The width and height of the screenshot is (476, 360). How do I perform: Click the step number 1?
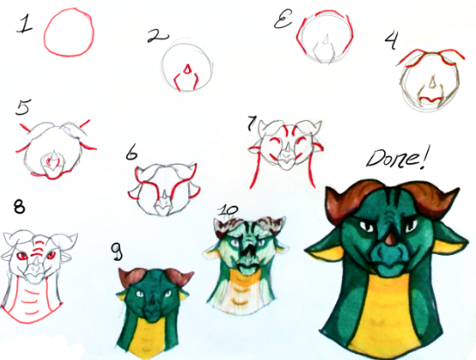coord(24,25)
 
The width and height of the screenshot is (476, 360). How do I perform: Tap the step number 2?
coord(157,36)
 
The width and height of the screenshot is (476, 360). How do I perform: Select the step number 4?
coord(392,40)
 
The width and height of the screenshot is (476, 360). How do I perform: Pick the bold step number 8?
coord(19,207)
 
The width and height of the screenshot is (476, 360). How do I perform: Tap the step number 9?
coord(116,252)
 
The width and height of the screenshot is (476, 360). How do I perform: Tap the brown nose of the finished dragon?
coord(391,239)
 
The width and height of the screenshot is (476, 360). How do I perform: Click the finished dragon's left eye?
coord(367,226)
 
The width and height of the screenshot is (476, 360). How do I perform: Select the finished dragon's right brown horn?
coord(434,197)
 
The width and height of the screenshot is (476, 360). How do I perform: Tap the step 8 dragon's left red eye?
coord(22,256)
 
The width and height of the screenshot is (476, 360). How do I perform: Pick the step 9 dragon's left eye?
coord(140,293)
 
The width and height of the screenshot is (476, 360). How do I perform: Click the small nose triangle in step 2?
coord(187,68)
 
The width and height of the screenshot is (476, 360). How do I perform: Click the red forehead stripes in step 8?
coord(38,246)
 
